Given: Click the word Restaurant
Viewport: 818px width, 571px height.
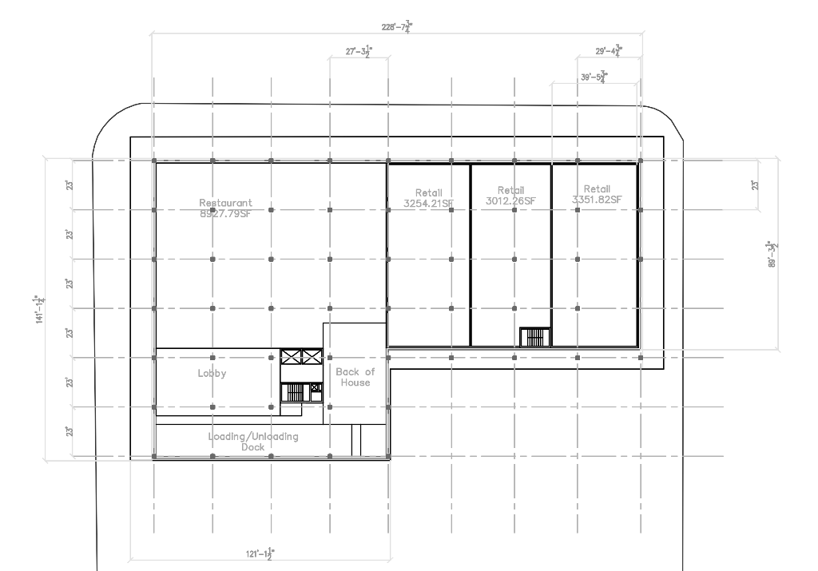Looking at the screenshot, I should pos(225,203).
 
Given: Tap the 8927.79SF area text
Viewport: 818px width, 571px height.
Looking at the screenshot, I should pos(225,212).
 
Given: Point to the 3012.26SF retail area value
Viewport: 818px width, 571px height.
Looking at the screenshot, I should pos(510,200).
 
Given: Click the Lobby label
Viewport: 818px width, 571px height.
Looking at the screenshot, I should pos(212,373).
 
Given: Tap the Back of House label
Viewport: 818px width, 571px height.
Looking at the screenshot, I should pos(354,377).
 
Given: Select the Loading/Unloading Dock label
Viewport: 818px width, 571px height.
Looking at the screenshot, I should pos(252,442).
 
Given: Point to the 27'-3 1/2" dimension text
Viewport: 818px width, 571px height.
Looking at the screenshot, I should pos(359,52).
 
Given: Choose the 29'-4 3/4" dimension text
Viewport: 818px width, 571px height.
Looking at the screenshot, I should pos(609,52).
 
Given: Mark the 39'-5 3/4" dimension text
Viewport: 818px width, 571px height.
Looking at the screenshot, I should pos(592,77).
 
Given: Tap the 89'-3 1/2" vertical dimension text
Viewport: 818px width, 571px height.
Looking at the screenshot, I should pos(772,255).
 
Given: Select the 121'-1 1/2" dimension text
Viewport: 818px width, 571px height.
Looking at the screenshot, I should pos(261,553).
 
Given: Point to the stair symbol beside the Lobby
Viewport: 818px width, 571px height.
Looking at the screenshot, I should pos(295,392).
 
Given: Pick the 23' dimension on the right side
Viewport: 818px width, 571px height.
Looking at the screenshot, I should pos(753,185).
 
